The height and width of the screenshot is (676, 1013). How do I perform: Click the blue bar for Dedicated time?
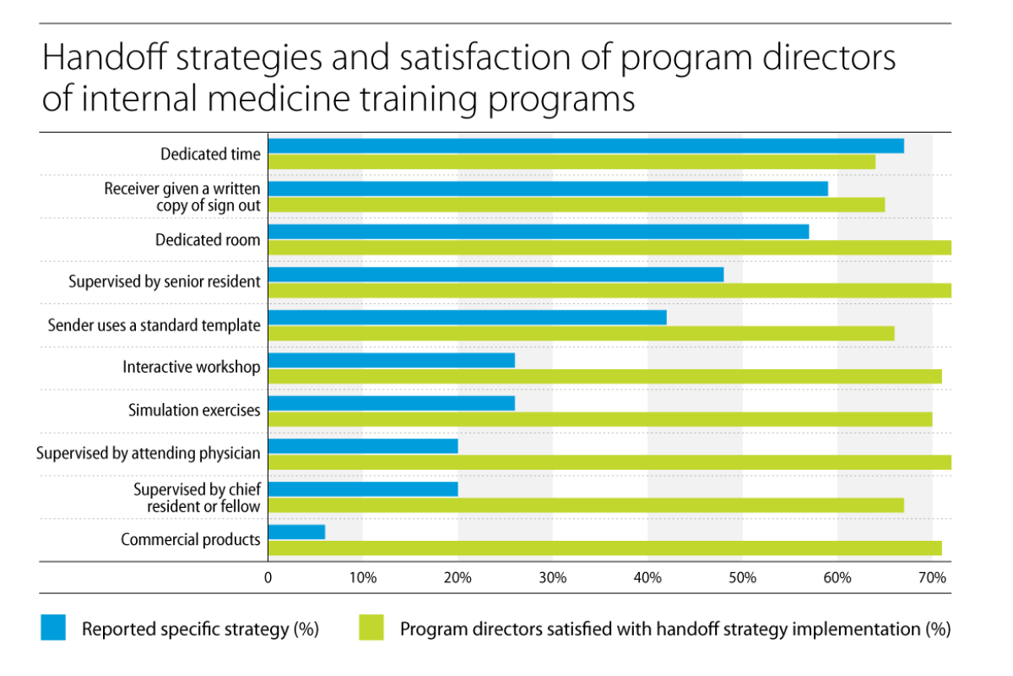[x=585, y=146]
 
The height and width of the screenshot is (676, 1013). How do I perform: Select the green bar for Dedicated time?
[x=572, y=161]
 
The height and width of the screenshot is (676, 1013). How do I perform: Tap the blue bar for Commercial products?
[x=296, y=532]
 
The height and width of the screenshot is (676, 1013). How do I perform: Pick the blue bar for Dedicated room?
[x=538, y=232]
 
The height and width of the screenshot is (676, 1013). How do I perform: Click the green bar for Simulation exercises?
[x=599, y=419]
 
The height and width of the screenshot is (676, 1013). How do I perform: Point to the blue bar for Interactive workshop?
[x=391, y=361]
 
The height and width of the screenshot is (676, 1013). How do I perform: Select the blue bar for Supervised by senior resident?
[x=496, y=275]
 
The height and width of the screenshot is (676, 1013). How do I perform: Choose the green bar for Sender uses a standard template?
[x=581, y=333]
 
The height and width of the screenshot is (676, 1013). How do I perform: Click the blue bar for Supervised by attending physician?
[x=363, y=446]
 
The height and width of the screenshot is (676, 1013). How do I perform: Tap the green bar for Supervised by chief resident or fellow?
[x=585, y=505]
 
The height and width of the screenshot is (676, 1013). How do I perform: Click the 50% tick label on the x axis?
[x=742, y=578]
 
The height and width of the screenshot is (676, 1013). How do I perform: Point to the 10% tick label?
[x=362, y=578]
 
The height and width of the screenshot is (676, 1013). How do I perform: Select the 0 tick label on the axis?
[x=268, y=578]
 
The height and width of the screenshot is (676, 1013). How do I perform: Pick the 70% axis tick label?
[x=932, y=578]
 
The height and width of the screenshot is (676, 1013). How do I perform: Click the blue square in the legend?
[x=53, y=628]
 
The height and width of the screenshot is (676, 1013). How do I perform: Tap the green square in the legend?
[x=371, y=628]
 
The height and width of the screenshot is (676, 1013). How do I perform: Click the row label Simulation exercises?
[x=194, y=411]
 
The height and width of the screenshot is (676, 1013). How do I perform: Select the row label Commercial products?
[x=191, y=539]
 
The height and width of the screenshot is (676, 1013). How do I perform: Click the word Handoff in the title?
[x=102, y=59]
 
